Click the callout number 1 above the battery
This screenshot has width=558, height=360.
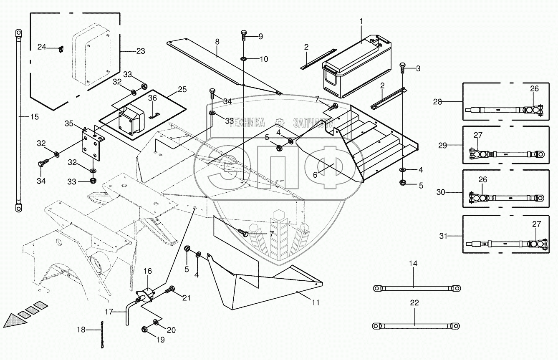pyautogui.click(x=361, y=21)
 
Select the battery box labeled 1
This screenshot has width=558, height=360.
pyautogui.click(x=357, y=69)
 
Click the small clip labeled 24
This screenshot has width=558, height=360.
pyautogui.click(x=61, y=49)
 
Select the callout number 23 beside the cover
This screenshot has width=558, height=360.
pyautogui.click(x=140, y=52)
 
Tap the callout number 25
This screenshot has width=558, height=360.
pyautogui.click(x=182, y=89)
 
